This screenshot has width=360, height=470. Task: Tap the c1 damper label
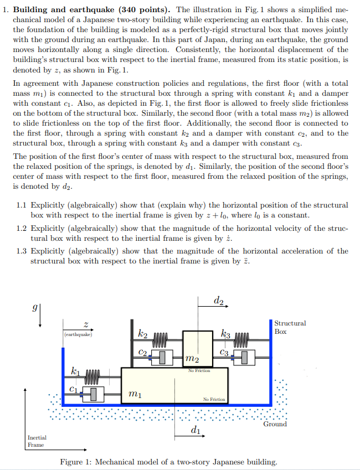pyautogui.click(x=73, y=389)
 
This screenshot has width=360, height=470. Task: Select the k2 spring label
pyautogui.click(x=142, y=334)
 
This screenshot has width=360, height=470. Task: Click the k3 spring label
pyautogui.click(x=225, y=334)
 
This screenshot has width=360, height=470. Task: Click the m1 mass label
pyautogui.click(x=134, y=394)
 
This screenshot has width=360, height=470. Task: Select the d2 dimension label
pyautogui.click(x=218, y=301)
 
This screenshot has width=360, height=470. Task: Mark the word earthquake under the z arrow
pyautogui.click(x=78, y=335)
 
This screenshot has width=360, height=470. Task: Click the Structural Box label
pyautogui.click(x=290, y=327)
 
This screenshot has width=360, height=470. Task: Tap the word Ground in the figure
pyautogui.click(x=275, y=424)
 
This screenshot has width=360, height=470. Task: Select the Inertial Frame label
pyautogui.click(x=37, y=441)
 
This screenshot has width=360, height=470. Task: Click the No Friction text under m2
pyautogui.click(x=199, y=370)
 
